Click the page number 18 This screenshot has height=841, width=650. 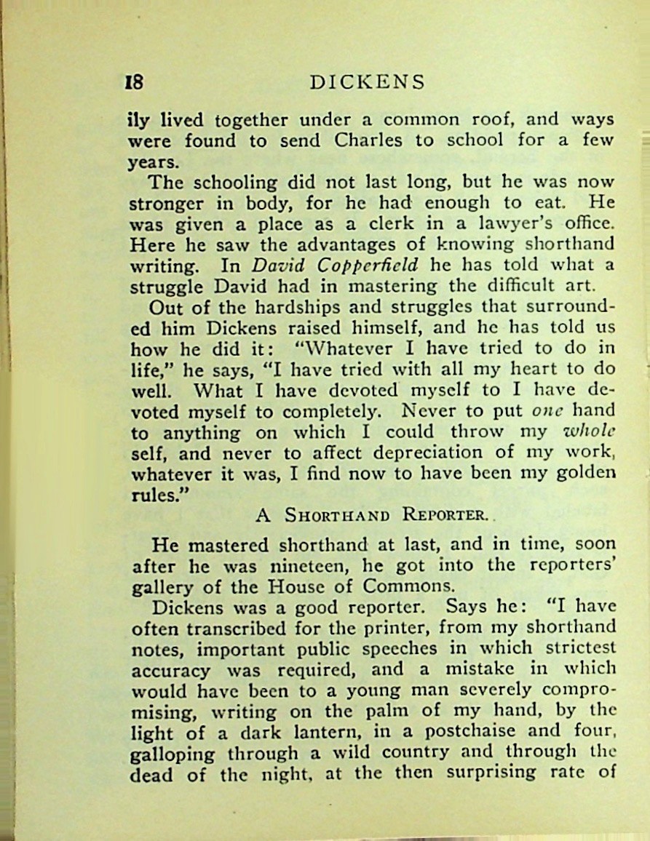coord(135,81)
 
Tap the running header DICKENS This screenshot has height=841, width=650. coord(367,81)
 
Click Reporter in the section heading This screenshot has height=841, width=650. coord(445,516)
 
